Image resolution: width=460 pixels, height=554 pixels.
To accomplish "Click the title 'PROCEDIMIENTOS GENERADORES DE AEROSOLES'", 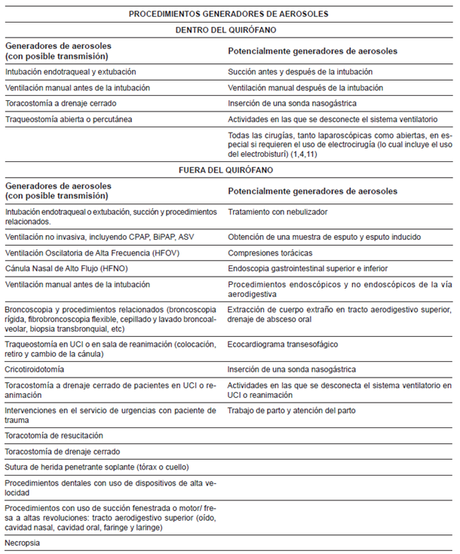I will point(228,14).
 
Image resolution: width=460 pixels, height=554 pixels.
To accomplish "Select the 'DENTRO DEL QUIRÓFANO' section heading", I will point(228,31).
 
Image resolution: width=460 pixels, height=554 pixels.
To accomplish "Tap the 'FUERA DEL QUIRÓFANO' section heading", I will point(228,171).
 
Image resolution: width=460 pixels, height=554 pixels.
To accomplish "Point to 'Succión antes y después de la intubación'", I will point(300,72).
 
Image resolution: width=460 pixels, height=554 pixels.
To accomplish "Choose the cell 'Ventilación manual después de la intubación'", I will point(305,87).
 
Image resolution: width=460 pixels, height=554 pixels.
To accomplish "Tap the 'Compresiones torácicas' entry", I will point(270,253).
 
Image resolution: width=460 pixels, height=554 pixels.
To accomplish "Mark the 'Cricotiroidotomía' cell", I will point(35,370).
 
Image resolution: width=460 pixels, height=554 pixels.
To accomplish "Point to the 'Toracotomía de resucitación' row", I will point(54,436).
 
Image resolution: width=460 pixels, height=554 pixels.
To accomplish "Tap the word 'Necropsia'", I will point(23,543).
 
